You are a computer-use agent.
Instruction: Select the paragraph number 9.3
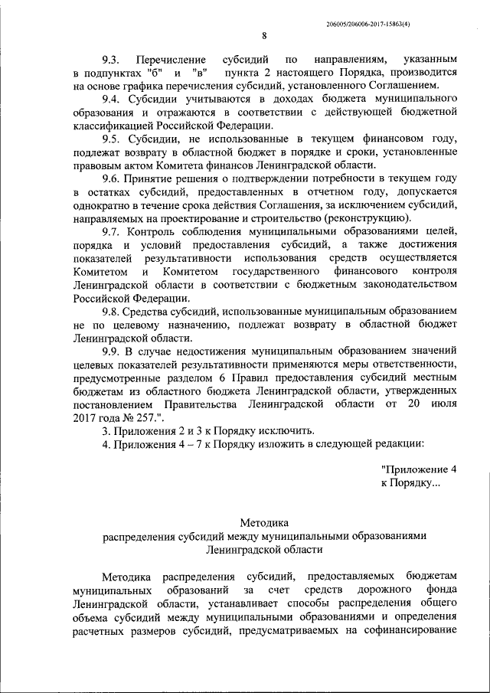[x=113, y=59]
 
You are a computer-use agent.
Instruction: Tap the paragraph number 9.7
[x=113, y=231]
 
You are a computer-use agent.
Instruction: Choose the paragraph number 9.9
[x=113, y=351]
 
